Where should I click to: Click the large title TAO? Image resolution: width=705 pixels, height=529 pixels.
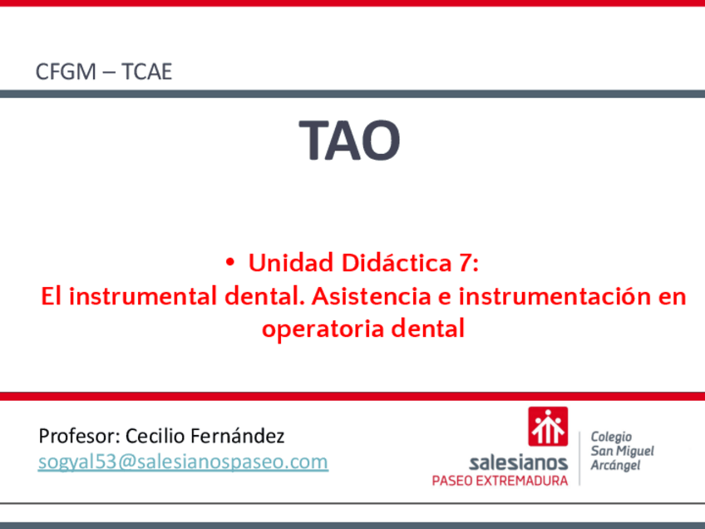point(349,140)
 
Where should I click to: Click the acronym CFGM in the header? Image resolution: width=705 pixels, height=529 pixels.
point(66,72)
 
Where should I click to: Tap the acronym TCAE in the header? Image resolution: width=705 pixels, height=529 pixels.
point(146,72)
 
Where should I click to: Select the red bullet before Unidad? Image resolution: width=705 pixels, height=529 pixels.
point(230,262)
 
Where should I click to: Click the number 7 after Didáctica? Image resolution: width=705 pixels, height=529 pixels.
point(466,262)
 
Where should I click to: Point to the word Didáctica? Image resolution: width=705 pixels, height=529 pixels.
point(396,262)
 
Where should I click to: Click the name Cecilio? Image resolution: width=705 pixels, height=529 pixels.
point(155,436)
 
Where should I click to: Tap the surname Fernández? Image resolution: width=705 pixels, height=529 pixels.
point(238,436)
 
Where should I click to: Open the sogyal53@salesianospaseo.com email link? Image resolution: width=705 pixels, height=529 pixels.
point(183,462)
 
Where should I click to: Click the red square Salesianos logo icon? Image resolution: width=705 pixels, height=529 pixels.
point(548,427)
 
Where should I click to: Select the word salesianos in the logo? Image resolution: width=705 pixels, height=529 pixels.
point(518,462)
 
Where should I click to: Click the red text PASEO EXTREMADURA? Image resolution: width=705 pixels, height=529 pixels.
point(500,481)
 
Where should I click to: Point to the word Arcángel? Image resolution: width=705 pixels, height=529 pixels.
point(615,465)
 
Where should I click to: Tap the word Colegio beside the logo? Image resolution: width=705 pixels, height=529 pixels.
point(611,437)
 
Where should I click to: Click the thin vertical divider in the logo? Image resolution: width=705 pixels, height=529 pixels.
point(579,458)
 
